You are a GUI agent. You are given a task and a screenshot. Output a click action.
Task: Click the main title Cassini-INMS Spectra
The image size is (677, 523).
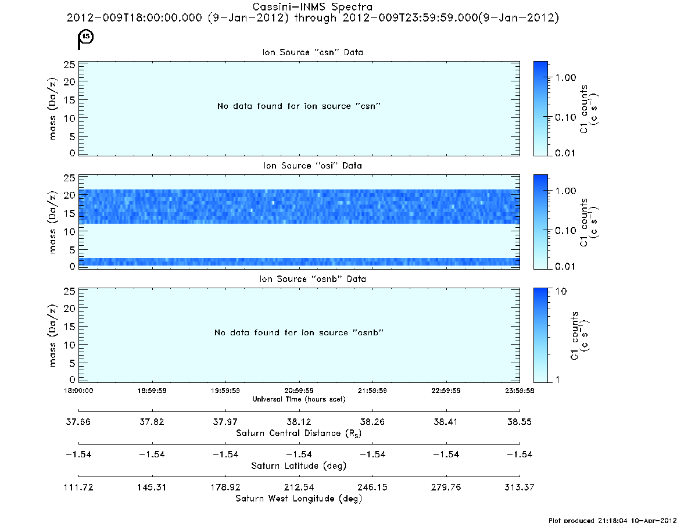[312, 7]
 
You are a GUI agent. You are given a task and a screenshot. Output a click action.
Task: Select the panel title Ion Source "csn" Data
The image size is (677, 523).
[313, 52]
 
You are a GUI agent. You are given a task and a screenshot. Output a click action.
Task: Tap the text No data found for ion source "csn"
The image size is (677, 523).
[299, 106]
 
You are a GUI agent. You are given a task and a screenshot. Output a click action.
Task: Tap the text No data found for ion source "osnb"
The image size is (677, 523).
[299, 332]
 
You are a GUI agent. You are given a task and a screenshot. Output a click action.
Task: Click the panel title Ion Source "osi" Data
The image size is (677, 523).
[313, 166]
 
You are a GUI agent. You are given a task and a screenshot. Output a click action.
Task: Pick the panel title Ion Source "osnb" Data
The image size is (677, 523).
[313, 279]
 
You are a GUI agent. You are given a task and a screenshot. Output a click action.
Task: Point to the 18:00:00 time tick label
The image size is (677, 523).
[78, 391]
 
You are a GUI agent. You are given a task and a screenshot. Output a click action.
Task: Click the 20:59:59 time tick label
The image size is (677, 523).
[299, 391]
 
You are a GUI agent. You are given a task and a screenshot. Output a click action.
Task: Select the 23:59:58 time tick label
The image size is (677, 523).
[520, 391]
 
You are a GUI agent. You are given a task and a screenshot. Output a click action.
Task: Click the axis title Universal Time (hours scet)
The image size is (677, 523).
[299, 399]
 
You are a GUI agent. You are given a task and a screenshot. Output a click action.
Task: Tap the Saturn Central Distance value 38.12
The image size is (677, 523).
[299, 422]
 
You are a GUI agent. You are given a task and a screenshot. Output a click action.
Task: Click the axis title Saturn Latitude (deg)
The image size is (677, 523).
[299, 466]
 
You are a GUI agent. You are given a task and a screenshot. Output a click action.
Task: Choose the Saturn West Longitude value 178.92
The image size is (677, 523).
[225, 488]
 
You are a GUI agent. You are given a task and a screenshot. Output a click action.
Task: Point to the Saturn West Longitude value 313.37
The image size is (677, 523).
[520, 488]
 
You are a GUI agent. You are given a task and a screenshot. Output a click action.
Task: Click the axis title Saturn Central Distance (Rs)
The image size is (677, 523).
[299, 433]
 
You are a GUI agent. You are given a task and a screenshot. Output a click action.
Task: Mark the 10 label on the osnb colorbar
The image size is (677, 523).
[561, 292]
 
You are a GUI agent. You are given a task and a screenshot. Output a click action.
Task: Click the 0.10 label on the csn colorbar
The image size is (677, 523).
[565, 117]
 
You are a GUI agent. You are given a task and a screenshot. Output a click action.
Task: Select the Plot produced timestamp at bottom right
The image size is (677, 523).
[612, 520]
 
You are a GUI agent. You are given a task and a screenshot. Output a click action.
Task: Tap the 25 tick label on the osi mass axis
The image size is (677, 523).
[70, 178]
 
